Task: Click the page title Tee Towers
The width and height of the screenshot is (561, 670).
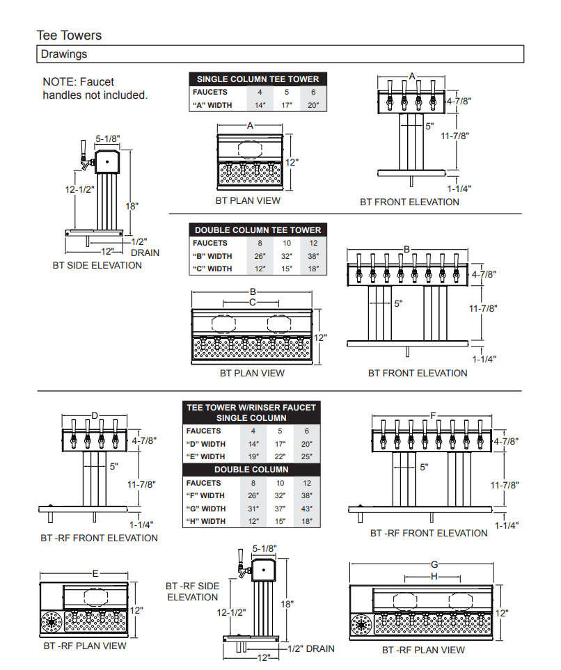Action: pyautogui.click(x=69, y=35)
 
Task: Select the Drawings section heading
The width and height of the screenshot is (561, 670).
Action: pyautogui.click(x=63, y=54)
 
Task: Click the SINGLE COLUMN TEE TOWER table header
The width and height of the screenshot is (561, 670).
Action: pyautogui.click(x=258, y=79)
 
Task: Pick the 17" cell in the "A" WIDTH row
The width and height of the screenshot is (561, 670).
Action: pyautogui.click(x=286, y=105)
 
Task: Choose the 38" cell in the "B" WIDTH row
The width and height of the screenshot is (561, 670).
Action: pyautogui.click(x=313, y=256)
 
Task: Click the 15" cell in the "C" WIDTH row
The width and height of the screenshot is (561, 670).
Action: pyautogui.click(x=286, y=269)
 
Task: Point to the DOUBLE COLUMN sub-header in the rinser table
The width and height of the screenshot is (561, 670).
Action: pyautogui.click(x=251, y=470)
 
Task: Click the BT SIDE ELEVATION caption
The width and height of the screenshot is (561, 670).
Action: pyautogui.click(x=97, y=265)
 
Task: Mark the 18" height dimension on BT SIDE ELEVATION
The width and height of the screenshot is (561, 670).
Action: pyautogui.click(x=132, y=206)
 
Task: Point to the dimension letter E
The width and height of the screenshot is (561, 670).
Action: pyautogui.click(x=95, y=573)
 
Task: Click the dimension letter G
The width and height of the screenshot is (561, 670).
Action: pyautogui.click(x=435, y=564)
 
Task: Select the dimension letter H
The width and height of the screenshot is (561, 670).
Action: pyautogui.click(x=434, y=577)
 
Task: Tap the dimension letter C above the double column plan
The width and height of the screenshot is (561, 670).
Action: pyautogui.click(x=253, y=303)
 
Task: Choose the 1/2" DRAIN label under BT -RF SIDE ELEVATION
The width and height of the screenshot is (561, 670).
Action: pyautogui.click(x=311, y=648)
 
